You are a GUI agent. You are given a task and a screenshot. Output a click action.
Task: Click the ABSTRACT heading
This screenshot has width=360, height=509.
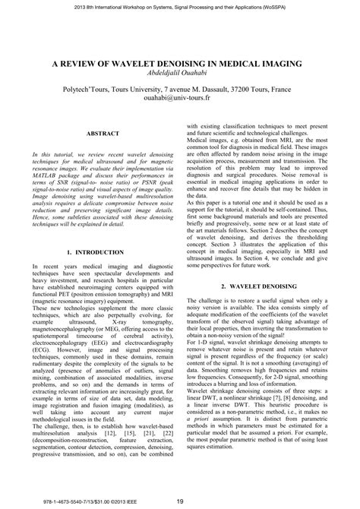pyautogui.click(x=94, y=133)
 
